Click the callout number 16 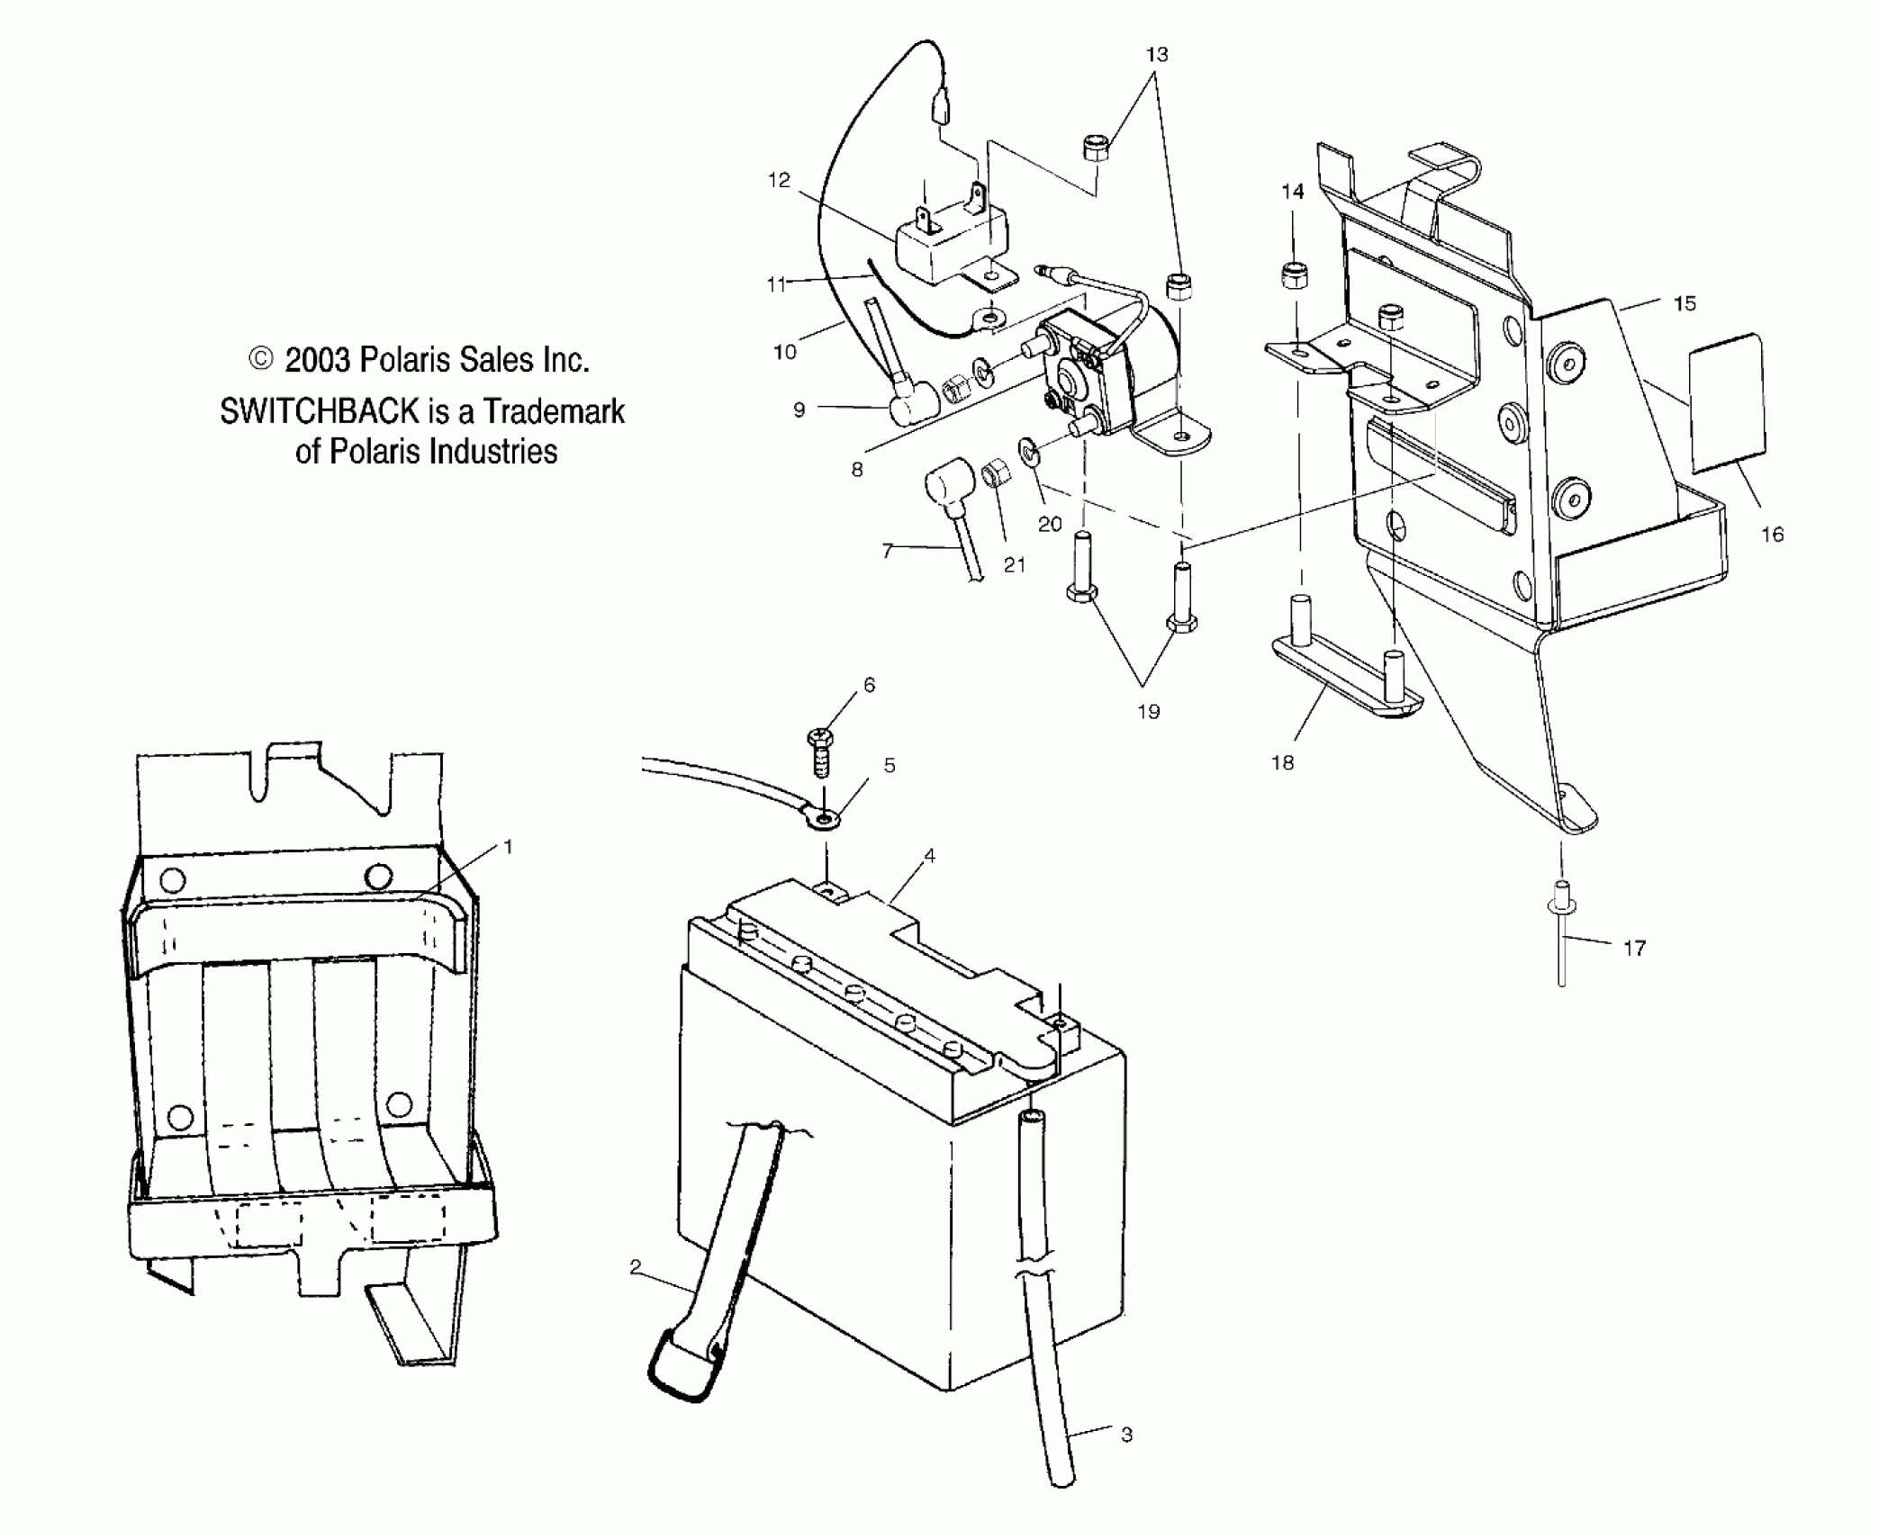coord(1772,535)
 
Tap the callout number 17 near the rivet coord(1634,948)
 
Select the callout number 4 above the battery coord(930,855)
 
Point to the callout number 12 coord(779,180)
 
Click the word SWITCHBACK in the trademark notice coord(319,411)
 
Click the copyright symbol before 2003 coord(260,359)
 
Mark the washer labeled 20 coord(1028,451)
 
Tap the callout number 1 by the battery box coord(508,847)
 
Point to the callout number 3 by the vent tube coord(1126,1435)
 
